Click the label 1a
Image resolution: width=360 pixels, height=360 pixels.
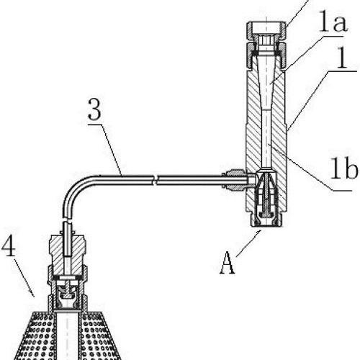[333, 22]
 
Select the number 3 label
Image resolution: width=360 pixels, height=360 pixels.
[94, 109]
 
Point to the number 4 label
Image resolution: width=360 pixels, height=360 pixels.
[9, 246]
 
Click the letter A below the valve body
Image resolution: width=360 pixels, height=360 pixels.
[228, 263]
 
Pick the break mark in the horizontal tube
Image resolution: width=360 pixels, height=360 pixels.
[156, 180]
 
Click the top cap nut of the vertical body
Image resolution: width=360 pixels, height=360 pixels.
[266, 31]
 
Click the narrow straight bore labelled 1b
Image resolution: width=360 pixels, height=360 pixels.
[266, 139]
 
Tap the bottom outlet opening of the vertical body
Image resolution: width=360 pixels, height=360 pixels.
[266, 225]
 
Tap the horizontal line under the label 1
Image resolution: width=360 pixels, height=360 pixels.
[343, 71]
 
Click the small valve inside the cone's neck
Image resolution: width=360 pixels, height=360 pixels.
[68, 294]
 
